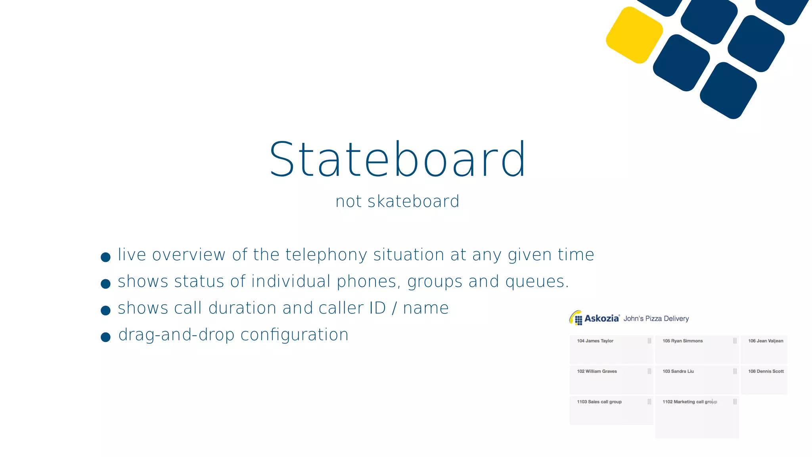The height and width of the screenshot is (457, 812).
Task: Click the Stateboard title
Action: pyautogui.click(x=398, y=159)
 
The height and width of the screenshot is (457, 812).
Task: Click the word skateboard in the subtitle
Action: pyautogui.click(x=413, y=202)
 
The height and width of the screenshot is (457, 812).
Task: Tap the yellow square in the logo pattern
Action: pyautogui.click(x=634, y=35)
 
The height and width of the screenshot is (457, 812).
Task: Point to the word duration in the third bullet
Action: pyautogui.click(x=242, y=308)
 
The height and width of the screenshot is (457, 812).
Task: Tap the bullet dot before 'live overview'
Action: pyautogui.click(x=105, y=257)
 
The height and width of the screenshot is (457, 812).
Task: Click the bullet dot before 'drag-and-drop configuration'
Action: pyautogui.click(x=105, y=337)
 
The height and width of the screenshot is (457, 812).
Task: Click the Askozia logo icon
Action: pyautogui.click(x=576, y=318)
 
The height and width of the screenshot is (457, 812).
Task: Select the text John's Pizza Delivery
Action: pyautogui.click(x=656, y=319)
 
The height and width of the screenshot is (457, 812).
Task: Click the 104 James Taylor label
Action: pyautogui.click(x=595, y=341)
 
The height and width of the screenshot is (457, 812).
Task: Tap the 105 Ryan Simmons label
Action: pyautogui.click(x=682, y=341)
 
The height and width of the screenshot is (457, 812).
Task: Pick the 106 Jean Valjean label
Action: pyautogui.click(x=765, y=341)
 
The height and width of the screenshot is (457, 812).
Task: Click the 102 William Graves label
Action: pyautogui.click(x=597, y=371)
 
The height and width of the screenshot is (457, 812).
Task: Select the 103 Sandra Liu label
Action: pyautogui.click(x=678, y=371)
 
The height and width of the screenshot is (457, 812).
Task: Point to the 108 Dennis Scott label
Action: pyautogui.click(x=766, y=371)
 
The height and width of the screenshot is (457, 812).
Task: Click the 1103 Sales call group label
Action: pyautogui.click(x=599, y=402)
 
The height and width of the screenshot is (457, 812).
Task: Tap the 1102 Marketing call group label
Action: pyautogui.click(x=689, y=402)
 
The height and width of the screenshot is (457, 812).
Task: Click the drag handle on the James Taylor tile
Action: pyautogui.click(x=649, y=341)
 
